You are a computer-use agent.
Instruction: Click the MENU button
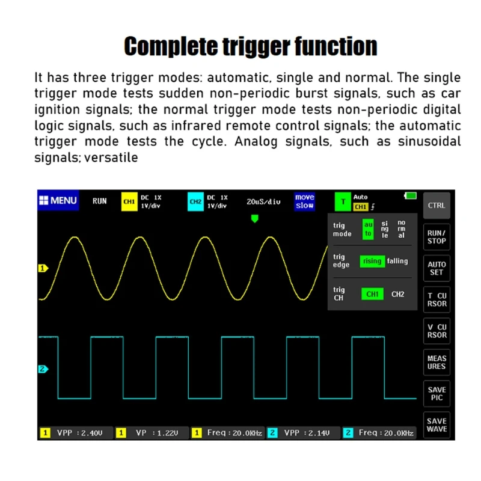58,201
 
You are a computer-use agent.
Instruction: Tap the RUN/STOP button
437,237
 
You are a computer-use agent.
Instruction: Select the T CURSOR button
437,299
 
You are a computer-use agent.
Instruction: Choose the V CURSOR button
437,331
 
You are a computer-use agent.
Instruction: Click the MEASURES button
437,362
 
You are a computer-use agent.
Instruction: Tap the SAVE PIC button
437,393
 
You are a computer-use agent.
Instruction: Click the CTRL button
437,206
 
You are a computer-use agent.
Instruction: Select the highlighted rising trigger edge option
372,261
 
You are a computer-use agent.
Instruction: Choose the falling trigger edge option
397,261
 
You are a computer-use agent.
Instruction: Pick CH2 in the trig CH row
398,294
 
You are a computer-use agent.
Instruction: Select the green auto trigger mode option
368,229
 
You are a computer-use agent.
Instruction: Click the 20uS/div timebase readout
264,201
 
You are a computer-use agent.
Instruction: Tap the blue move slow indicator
305,201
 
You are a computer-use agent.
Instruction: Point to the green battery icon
411,196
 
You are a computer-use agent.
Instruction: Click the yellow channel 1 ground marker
43,268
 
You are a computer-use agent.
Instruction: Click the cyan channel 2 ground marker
43,369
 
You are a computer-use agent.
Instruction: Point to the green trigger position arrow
254,219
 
